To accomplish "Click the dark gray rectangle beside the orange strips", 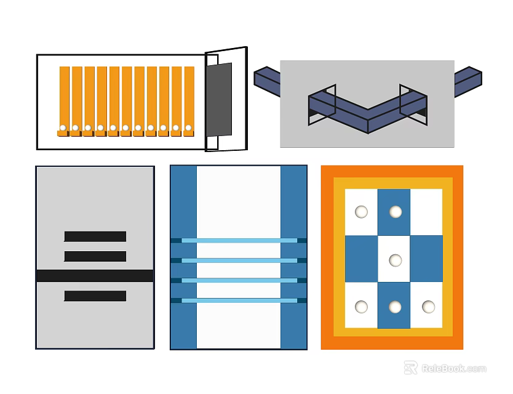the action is click(219, 99).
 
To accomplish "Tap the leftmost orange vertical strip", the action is click(64, 101).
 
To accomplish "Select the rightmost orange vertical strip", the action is click(189, 101).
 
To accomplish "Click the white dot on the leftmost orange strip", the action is click(63, 127).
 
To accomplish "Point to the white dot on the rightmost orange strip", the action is click(188, 127).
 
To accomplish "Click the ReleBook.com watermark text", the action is click(454, 369).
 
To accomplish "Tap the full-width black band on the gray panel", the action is click(95, 276).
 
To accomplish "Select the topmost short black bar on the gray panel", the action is click(95, 236).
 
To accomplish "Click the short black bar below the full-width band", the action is click(95, 295).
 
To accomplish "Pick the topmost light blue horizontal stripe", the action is click(239, 240).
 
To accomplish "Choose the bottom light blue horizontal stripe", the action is click(239, 300).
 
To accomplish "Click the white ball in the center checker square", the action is click(396, 260).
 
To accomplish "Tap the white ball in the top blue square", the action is click(396, 212).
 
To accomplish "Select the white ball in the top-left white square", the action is click(361, 212).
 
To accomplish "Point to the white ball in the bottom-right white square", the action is click(428, 307).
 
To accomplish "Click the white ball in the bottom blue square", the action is click(395, 307).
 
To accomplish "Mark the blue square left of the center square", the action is click(362, 259).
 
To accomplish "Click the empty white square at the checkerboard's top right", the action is click(426, 212).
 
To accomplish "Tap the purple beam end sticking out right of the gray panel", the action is click(468, 81).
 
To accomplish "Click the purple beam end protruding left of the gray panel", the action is click(267, 81).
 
